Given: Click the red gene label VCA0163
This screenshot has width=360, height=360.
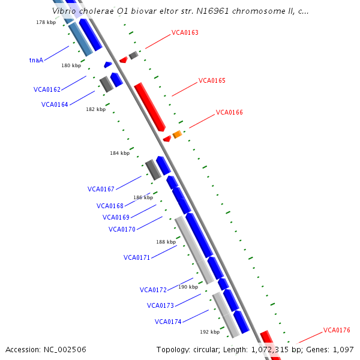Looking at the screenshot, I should pos(185,33).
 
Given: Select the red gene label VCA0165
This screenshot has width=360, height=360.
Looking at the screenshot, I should pos(212,80).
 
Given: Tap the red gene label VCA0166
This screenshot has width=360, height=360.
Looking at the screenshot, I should pos(229,112).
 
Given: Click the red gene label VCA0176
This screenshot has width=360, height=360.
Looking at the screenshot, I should pos(337,330).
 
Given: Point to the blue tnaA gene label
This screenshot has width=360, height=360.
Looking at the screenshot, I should pos(36,60).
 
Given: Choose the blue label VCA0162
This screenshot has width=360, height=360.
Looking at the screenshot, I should pos(47,89).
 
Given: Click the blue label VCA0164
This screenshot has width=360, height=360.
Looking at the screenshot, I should pos(55,104).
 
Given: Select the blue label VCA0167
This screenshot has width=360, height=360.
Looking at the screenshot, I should pos(101,189).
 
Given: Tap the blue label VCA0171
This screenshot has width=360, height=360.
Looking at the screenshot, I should pos(137,257).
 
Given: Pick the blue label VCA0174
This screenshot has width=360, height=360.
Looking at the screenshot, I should pos(168,322).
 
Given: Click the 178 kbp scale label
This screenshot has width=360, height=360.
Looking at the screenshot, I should pos(46,22).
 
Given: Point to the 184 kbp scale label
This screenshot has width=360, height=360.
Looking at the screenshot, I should pos(119,153).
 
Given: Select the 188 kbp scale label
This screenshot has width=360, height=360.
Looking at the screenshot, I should pos(166,242).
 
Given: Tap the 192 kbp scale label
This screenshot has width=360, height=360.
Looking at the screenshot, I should pos(209,331).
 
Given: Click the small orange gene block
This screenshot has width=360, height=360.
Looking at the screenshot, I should pos(177,134).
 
